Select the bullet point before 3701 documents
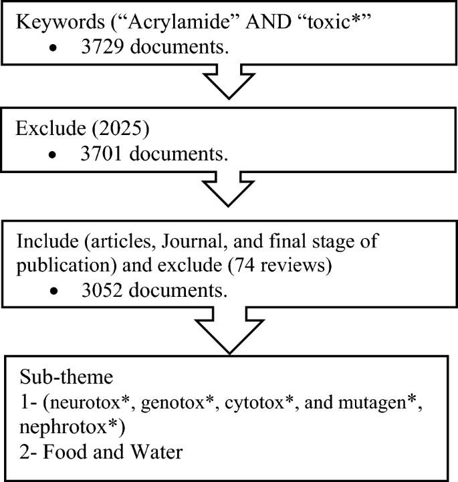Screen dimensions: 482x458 (52, 155)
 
